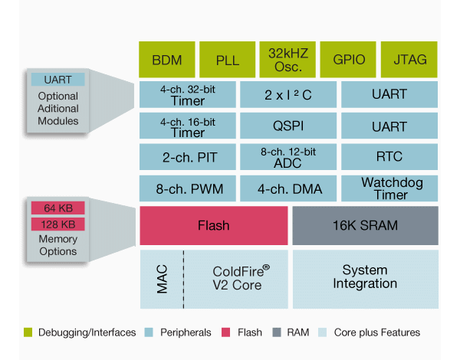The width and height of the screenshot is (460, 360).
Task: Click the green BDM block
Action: pyautogui.click(x=167, y=59)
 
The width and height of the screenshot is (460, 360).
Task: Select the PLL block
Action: pyautogui.click(x=227, y=59)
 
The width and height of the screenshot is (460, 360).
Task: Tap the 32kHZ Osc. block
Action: pyautogui.click(x=287, y=59)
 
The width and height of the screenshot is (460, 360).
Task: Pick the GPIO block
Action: pyautogui.click(x=347, y=59)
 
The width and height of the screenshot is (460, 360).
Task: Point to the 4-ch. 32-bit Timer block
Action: pyautogui.click(x=187, y=94)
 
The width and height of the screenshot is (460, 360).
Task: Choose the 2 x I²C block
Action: pyautogui.click(x=287, y=94)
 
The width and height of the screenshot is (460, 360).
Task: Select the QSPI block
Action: pyautogui.click(x=287, y=126)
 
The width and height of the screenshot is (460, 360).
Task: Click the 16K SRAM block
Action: pyautogui.click(x=365, y=226)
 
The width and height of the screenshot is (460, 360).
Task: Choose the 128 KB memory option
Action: pyautogui.click(x=58, y=224)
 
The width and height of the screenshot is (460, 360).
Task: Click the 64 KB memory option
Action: pyautogui.click(x=58, y=208)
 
